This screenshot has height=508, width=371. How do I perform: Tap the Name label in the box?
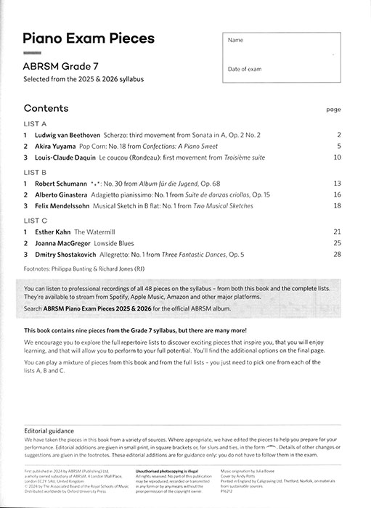[x=236, y=41]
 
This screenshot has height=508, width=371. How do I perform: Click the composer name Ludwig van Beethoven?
[x=70, y=135]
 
